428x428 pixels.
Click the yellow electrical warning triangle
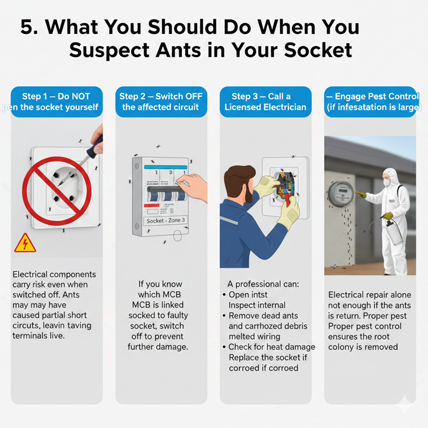(x=25, y=243)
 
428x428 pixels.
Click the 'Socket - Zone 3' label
(x=166, y=220)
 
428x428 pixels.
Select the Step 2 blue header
(x=161, y=102)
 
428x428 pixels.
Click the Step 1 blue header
(x=57, y=102)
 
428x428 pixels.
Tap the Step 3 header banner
(x=266, y=102)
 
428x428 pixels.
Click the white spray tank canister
(x=394, y=233)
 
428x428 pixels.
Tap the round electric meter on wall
(x=341, y=194)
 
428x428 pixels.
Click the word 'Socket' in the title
(x=318, y=50)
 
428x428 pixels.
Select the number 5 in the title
(x=27, y=27)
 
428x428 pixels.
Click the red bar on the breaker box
(x=151, y=205)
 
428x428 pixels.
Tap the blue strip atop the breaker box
(x=166, y=167)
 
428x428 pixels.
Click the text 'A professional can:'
(x=263, y=284)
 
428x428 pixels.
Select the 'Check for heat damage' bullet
(x=269, y=347)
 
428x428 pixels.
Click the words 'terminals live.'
(x=39, y=335)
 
